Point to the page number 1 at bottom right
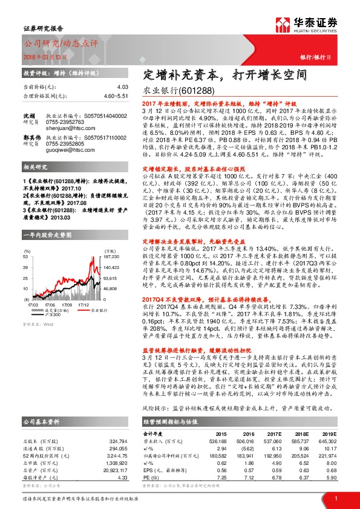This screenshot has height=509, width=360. pos(335,498)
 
